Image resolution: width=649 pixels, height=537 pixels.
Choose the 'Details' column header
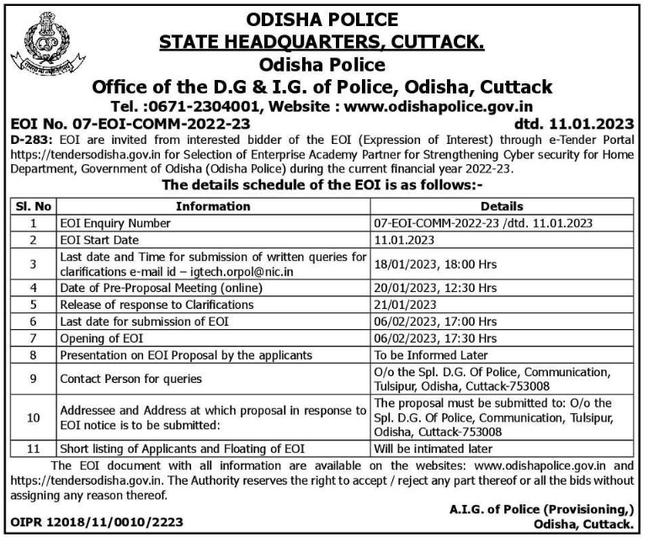click(x=502, y=205)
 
